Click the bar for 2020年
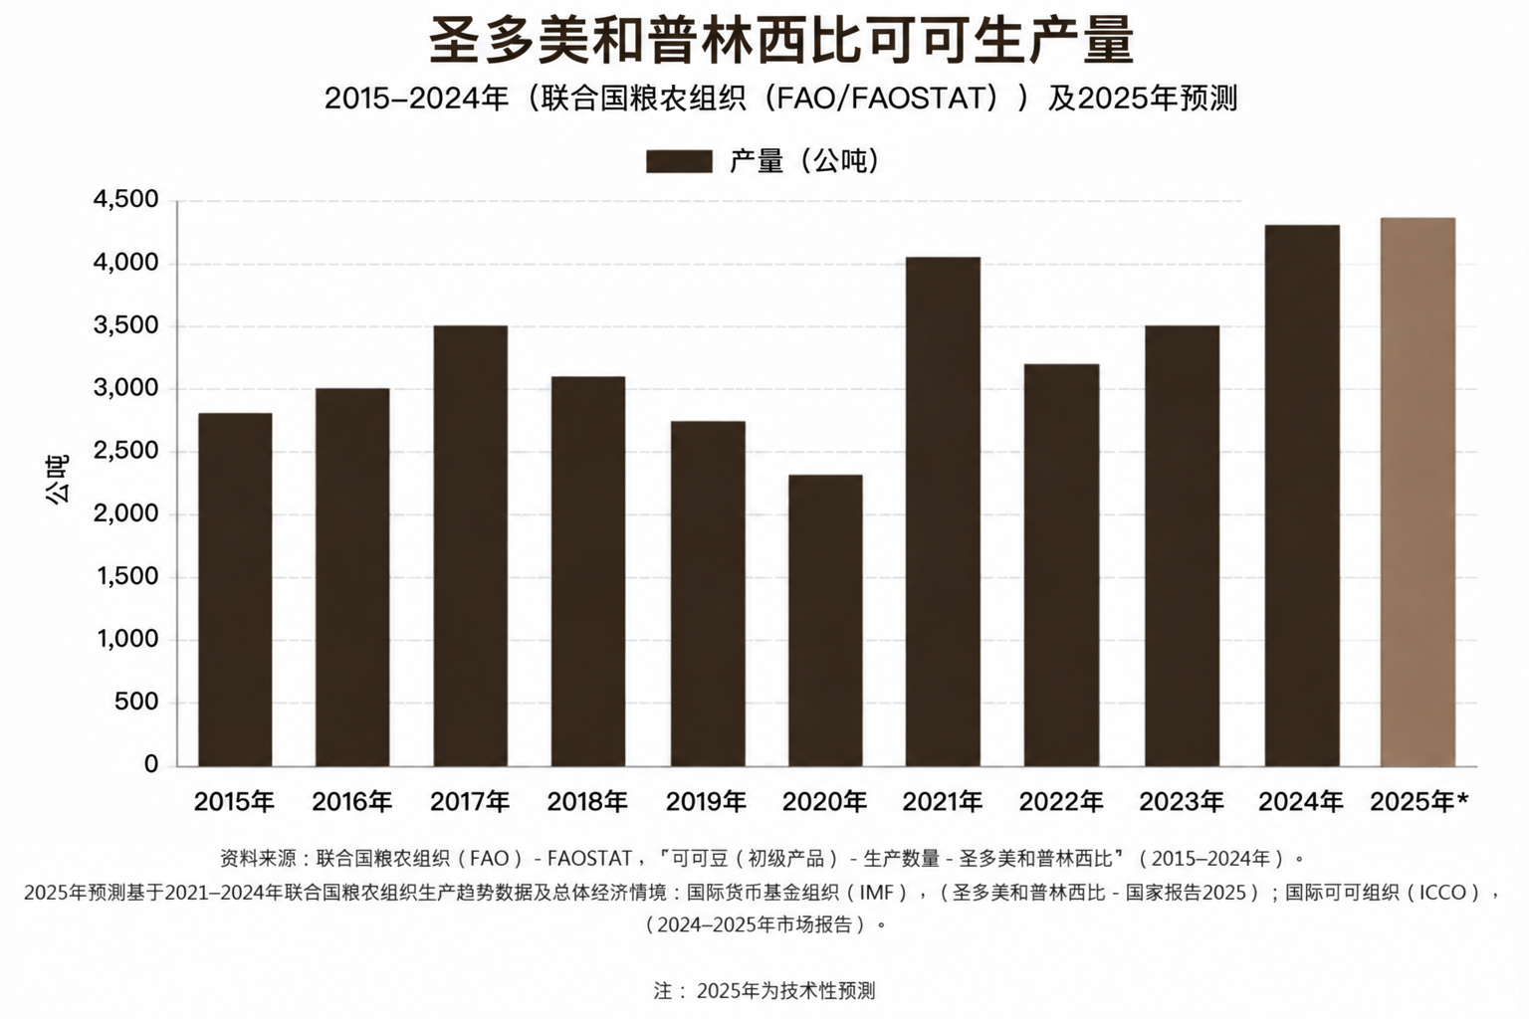pos(825,620)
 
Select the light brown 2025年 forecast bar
pos(1418,493)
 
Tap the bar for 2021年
pos(944,511)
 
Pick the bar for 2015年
pos(236,590)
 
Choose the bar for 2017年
pos(471,546)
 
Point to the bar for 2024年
pos(1302,496)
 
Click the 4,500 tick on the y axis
pos(125,200)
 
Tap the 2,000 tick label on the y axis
pos(125,513)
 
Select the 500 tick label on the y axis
pos(136,703)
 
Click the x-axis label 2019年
pos(707,802)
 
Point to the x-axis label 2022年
pos(1061,802)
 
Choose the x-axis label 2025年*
pos(1420,802)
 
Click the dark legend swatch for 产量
pos(679,162)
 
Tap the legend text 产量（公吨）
pos(804,161)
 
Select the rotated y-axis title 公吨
pos(58,480)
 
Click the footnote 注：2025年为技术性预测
pos(764,990)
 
